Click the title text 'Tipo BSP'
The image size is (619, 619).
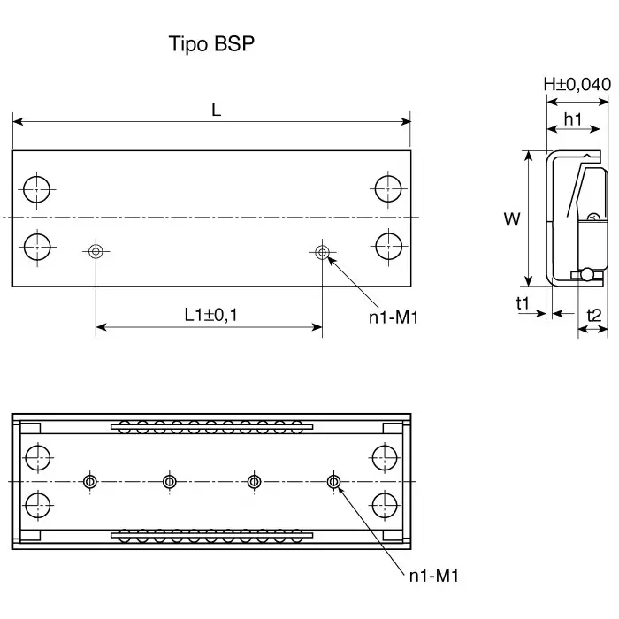point(211,44)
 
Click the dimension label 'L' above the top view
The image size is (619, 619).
point(216,110)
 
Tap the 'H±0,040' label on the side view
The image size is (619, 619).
point(577,85)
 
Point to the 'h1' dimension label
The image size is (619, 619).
point(572,118)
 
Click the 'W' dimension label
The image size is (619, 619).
point(512,219)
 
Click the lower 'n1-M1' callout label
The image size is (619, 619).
point(433,576)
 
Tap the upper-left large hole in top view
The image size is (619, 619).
point(37,188)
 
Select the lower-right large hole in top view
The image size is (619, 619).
point(387,245)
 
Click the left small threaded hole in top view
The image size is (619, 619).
point(96,252)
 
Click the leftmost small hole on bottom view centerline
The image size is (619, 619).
point(89,482)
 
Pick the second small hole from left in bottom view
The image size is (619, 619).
point(170,482)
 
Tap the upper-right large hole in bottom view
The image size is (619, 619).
point(385,458)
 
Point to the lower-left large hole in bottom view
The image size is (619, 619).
point(37,506)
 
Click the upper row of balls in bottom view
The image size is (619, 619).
point(211,426)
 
